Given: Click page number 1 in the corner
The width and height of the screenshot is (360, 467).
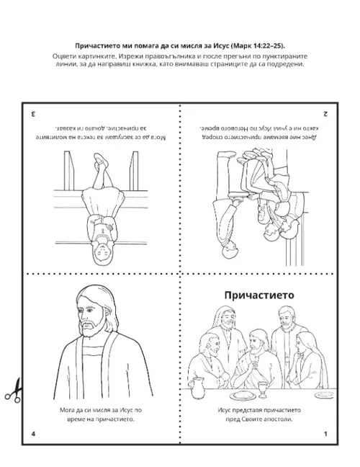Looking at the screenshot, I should tap(325, 433).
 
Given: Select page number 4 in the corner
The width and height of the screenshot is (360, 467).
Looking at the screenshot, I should tap(33, 433).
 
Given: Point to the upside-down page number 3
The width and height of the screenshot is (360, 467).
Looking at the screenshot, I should tap(33, 114).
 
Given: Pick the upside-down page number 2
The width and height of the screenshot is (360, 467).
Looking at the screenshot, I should tap(325, 114).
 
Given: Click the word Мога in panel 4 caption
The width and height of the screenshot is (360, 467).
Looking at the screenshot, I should tap(63, 409).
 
